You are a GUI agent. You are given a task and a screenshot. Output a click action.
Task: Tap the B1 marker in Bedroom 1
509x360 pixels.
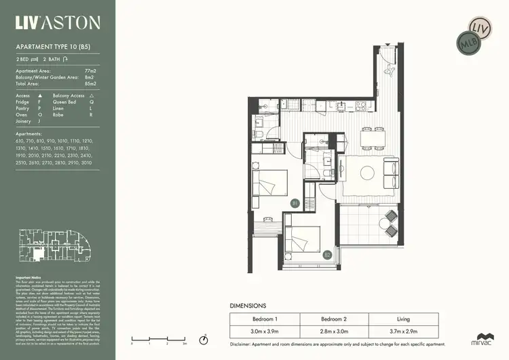(x=295, y=203)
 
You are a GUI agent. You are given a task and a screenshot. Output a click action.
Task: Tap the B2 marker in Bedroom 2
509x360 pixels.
(x=327, y=255)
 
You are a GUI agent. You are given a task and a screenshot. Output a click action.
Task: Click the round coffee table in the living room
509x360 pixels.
(x=367, y=173)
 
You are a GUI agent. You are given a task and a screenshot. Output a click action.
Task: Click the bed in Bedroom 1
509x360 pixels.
(x=269, y=183)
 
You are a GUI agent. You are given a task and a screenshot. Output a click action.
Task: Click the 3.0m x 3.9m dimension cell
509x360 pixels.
(x=265, y=331)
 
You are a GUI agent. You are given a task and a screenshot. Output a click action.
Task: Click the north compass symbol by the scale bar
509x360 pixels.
(x=203, y=339)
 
